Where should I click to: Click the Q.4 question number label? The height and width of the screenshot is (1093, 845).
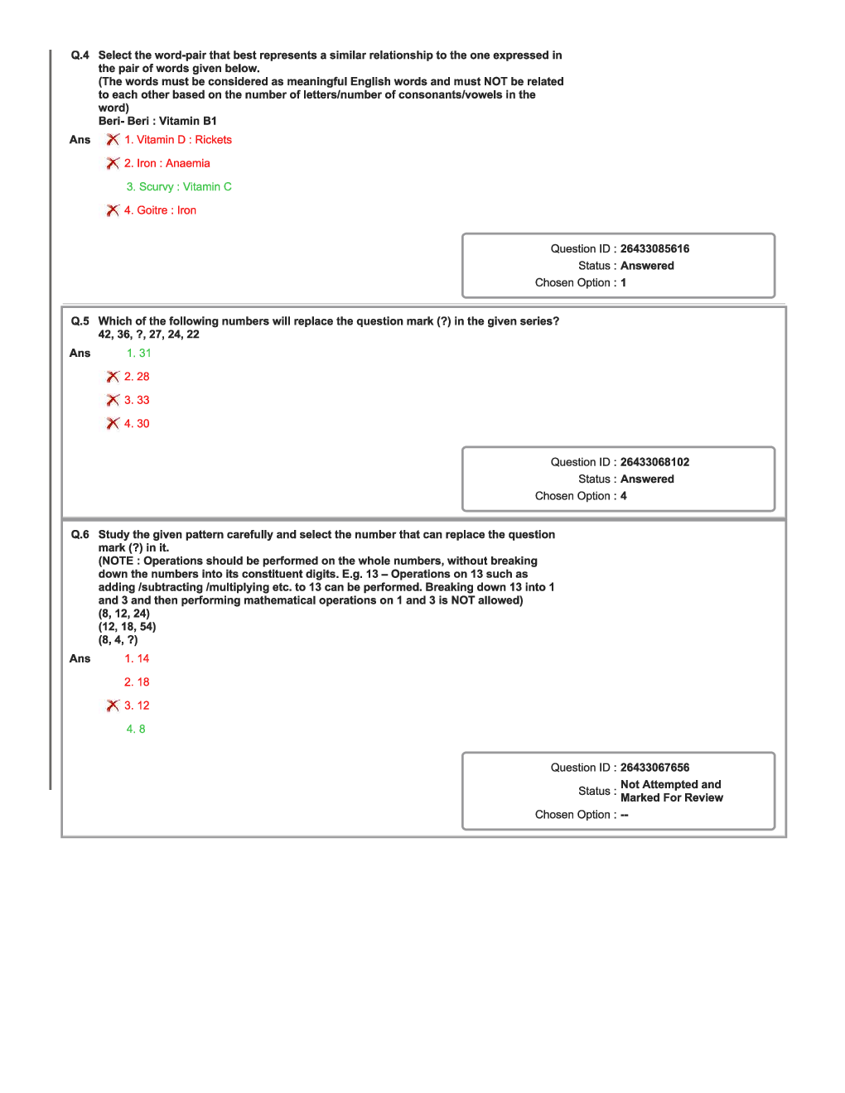(x=80, y=55)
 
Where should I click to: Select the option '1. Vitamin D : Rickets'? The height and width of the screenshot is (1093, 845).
(x=177, y=140)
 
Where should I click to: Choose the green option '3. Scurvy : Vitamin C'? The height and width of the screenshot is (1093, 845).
(x=178, y=187)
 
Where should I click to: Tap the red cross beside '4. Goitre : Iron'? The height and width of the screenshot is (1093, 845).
(x=113, y=210)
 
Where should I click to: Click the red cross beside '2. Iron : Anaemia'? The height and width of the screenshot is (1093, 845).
(x=113, y=164)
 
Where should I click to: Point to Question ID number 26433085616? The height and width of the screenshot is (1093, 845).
(x=654, y=248)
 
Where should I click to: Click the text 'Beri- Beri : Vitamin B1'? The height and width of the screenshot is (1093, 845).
(x=157, y=121)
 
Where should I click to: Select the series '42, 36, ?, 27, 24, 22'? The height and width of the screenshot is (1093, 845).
(x=148, y=335)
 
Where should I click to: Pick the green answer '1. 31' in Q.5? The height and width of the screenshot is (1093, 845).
(x=138, y=354)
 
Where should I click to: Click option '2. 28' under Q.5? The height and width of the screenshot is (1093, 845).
(x=137, y=377)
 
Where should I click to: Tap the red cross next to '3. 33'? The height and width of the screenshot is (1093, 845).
(x=113, y=400)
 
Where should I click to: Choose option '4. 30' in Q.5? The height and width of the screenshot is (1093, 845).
(x=137, y=424)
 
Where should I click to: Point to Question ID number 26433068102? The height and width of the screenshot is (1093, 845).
(x=654, y=462)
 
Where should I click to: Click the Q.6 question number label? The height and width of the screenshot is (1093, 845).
(x=80, y=535)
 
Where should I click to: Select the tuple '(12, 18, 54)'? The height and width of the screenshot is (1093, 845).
(x=127, y=627)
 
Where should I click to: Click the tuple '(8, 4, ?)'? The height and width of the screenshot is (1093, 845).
(x=118, y=640)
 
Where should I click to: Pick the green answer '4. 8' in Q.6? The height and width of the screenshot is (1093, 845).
(x=135, y=729)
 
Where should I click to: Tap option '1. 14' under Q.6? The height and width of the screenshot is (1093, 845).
(x=137, y=659)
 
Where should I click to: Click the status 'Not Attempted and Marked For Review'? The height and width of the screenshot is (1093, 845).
(x=671, y=792)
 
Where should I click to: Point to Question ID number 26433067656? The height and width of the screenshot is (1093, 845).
(x=654, y=768)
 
